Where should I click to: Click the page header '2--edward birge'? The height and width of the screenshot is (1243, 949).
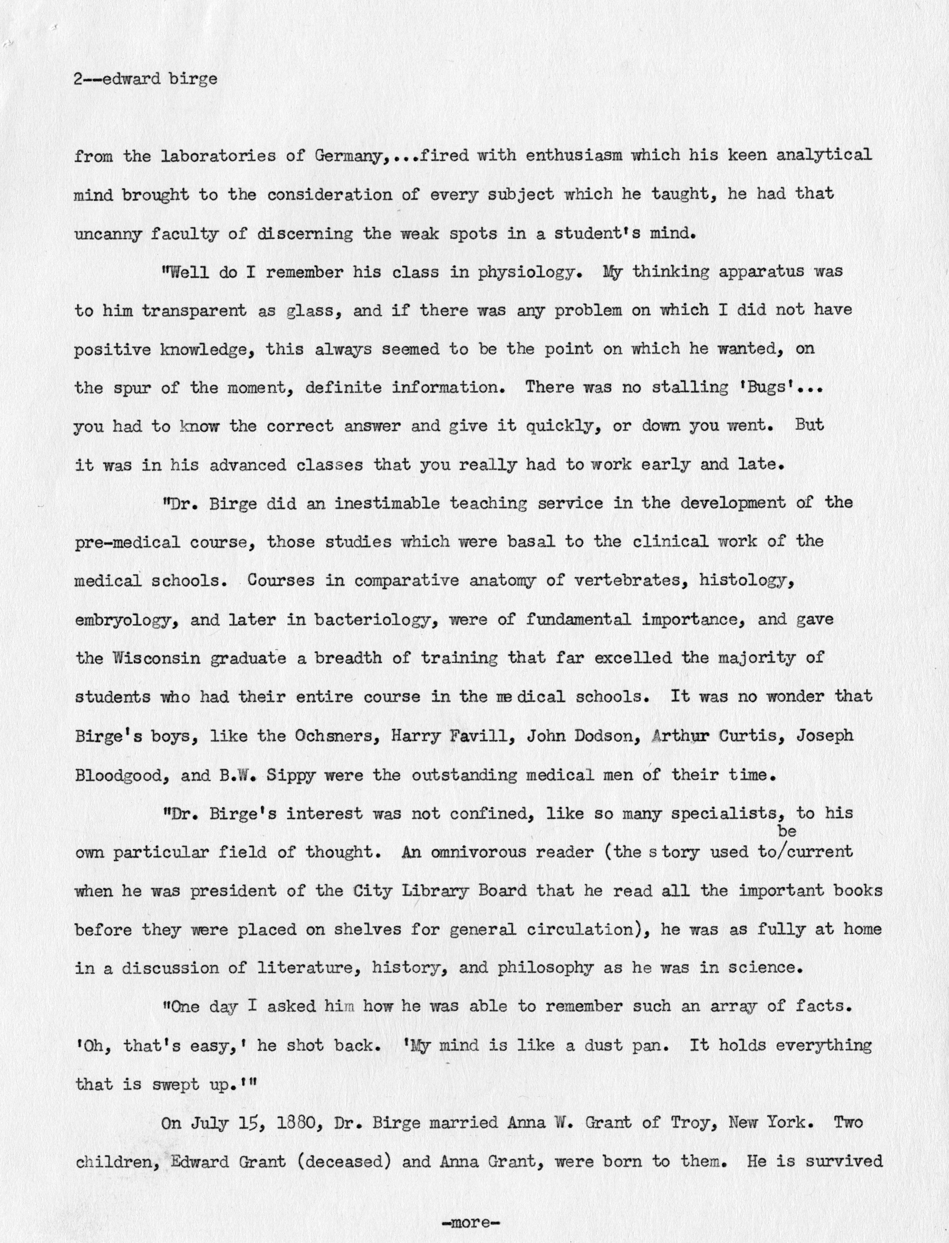[145, 79]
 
